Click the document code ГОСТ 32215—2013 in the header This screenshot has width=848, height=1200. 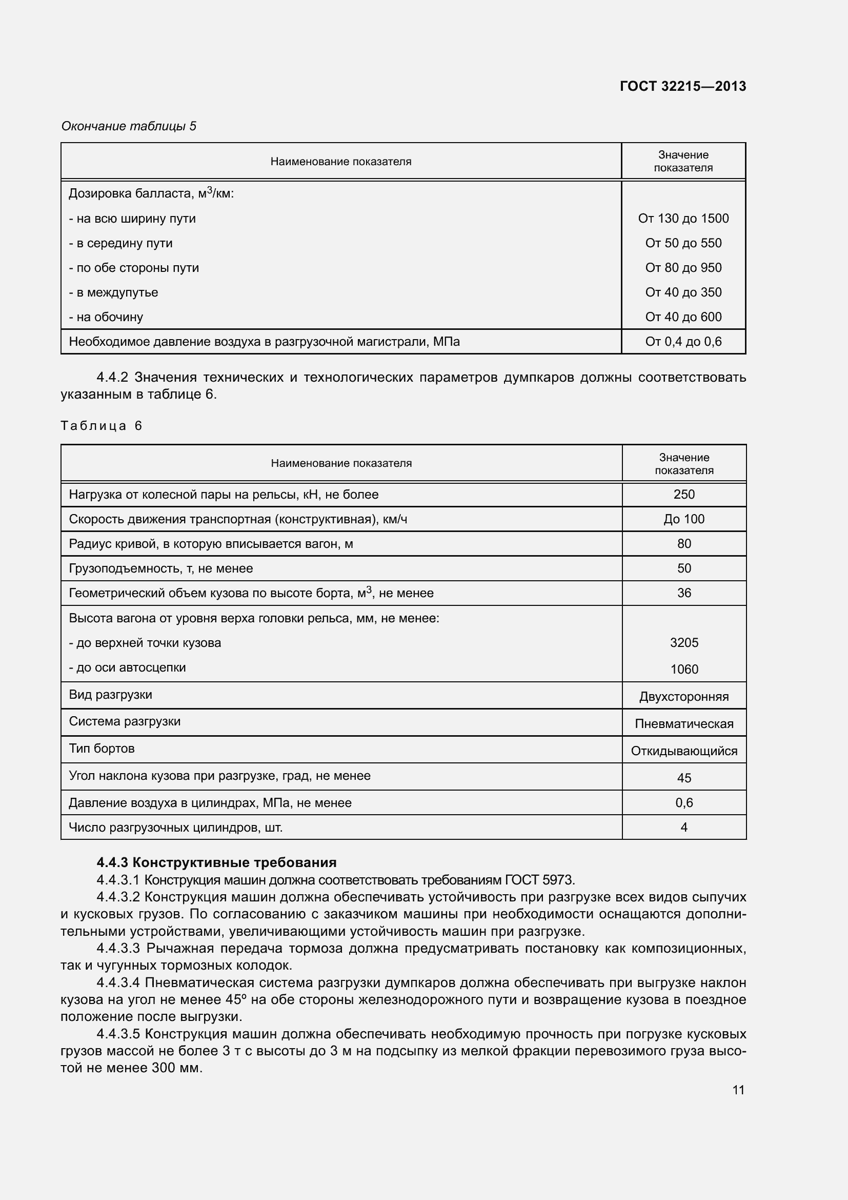(682, 86)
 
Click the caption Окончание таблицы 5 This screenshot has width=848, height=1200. (129, 126)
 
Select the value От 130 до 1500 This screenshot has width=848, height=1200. (683, 219)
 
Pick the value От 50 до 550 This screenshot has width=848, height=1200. (683, 243)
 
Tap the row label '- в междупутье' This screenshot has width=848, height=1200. (113, 292)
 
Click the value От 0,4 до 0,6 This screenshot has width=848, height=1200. (683, 342)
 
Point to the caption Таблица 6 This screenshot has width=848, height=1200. (102, 425)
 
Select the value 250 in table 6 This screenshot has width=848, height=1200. (683, 495)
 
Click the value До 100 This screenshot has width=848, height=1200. (683, 519)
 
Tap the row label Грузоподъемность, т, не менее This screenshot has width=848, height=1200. (161, 568)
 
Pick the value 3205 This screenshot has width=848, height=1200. (683, 643)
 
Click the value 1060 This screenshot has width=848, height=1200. (683, 669)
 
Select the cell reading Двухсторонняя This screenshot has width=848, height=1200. (683, 697)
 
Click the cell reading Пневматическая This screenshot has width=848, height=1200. (683, 724)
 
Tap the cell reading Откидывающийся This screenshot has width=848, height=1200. (683, 751)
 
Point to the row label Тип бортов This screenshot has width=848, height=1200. (102, 749)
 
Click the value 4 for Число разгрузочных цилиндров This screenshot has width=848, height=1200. (683, 827)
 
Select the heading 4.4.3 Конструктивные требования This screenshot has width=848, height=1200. (216, 862)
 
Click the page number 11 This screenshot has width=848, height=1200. (738, 1090)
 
